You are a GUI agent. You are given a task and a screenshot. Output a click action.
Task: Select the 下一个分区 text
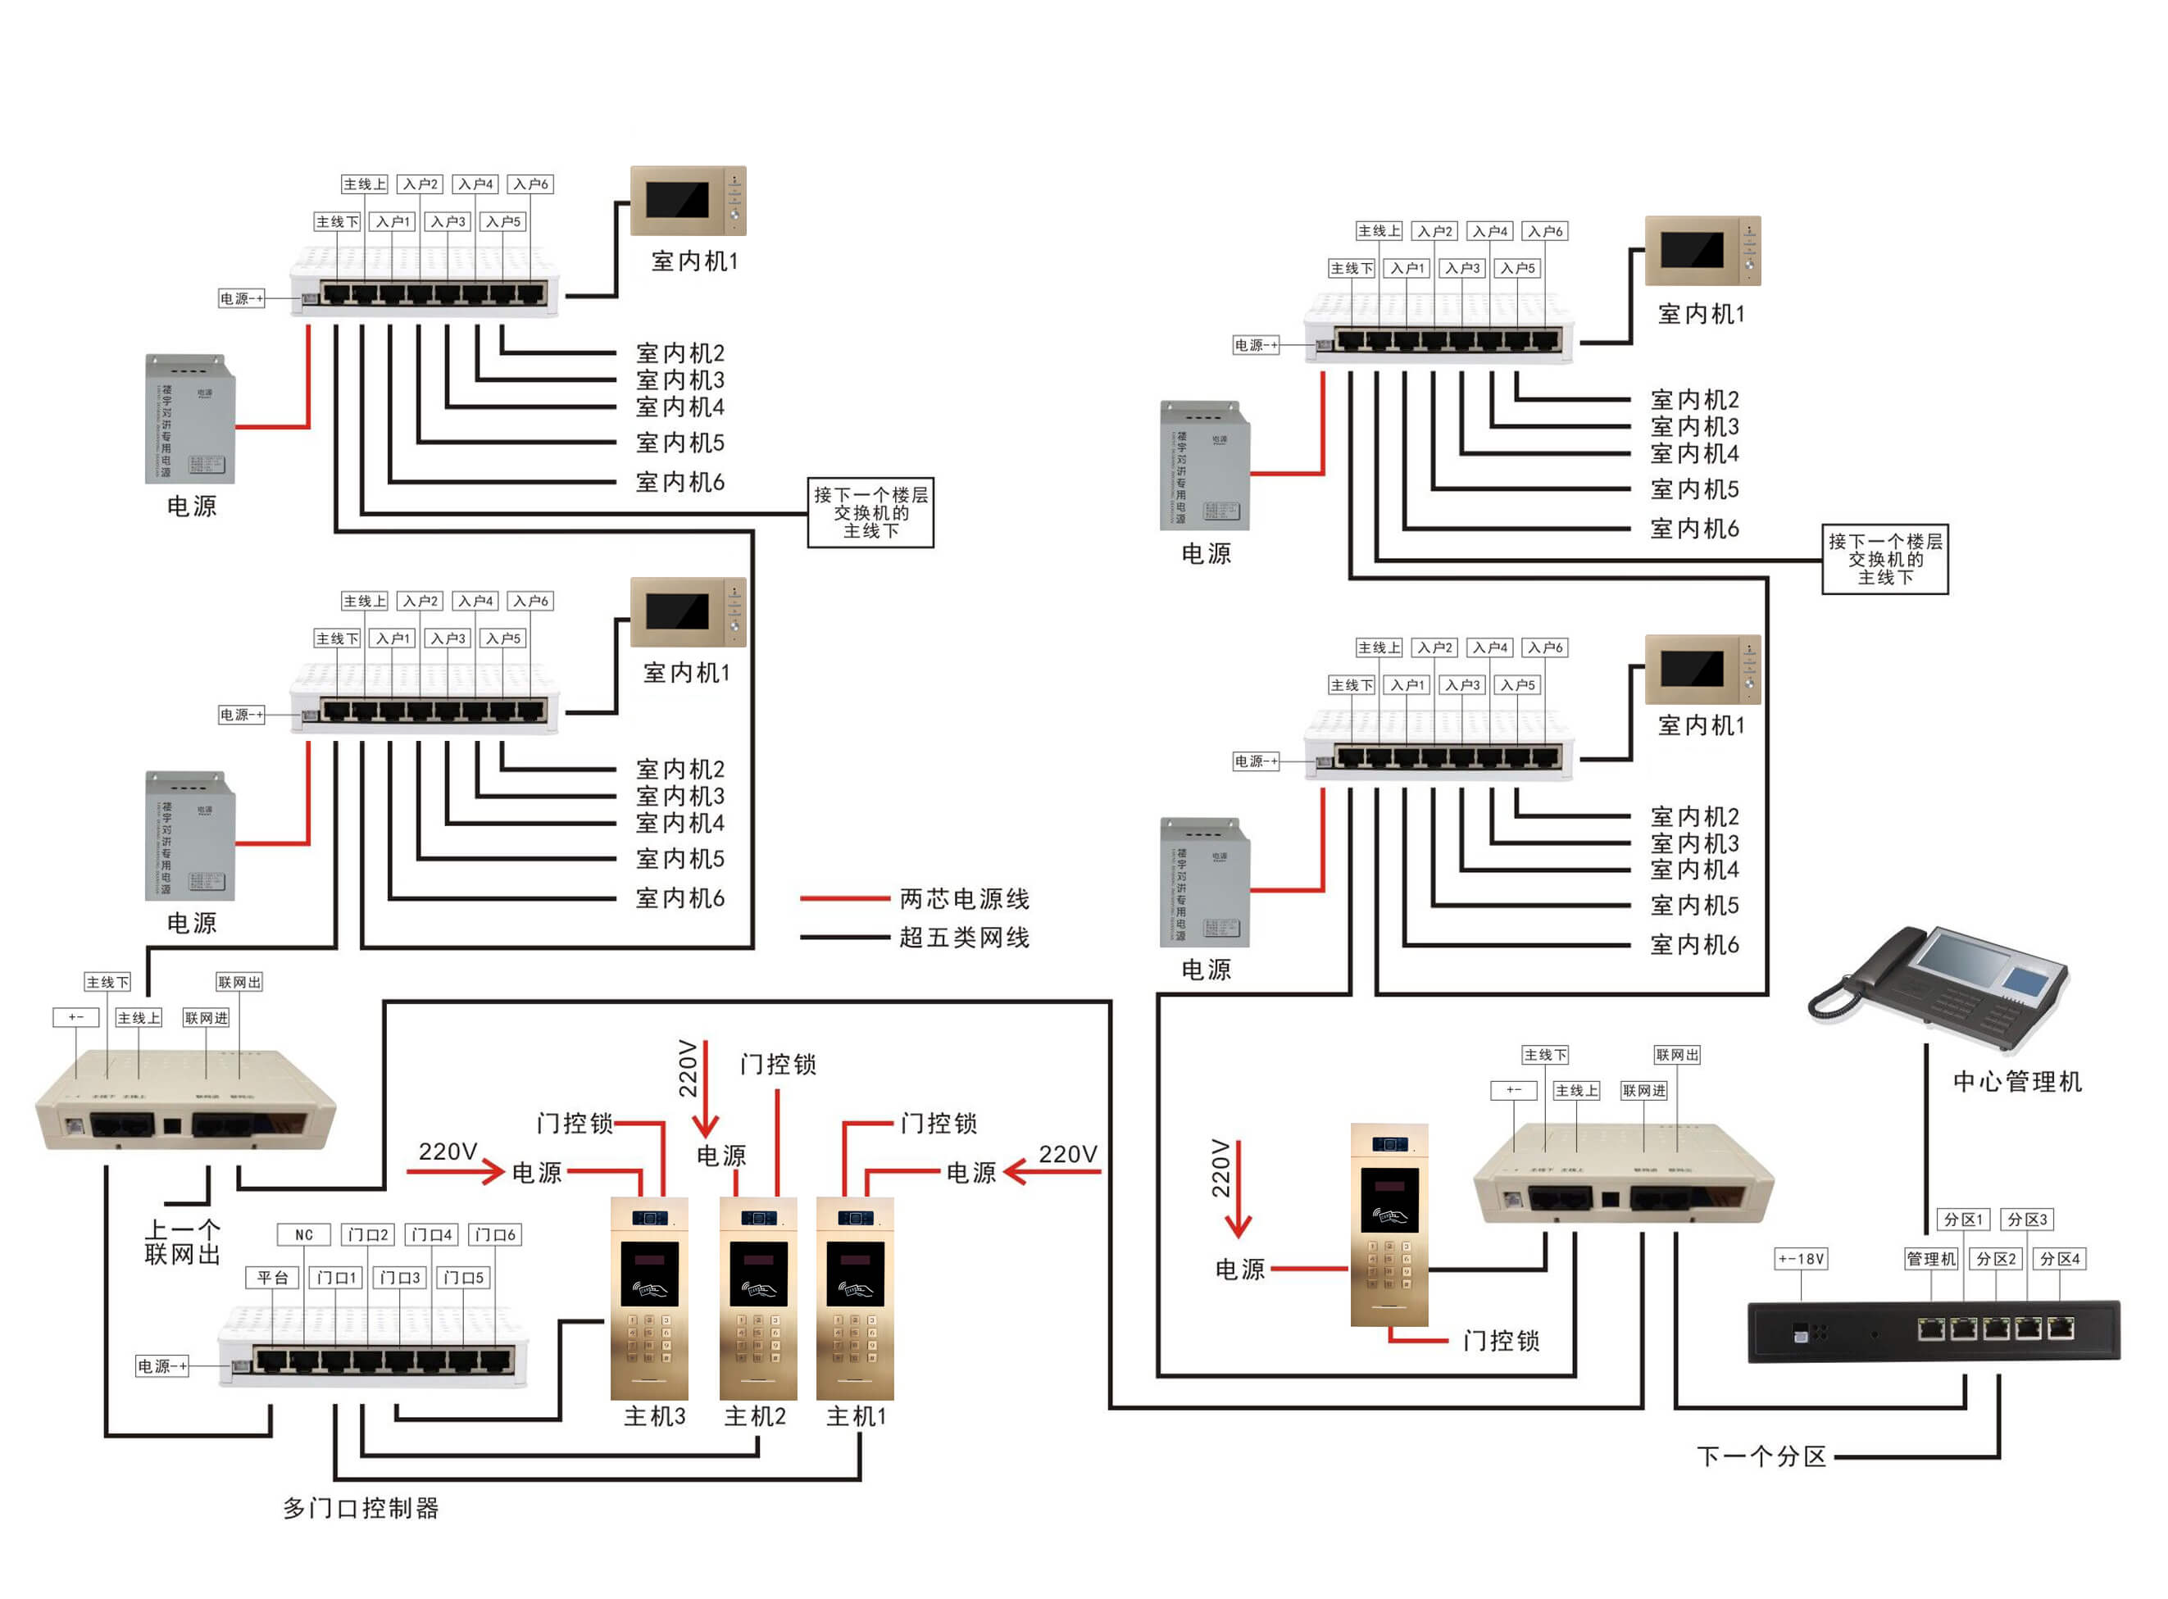(1761, 1456)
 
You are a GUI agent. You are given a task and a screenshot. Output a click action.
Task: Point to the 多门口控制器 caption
(361, 1508)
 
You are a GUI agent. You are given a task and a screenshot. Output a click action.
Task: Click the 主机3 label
(654, 1417)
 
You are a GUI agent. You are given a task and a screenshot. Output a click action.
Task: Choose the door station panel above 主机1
(855, 1297)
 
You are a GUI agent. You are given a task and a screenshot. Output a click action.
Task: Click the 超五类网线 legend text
(964, 938)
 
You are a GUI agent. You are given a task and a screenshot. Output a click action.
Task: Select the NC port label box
(304, 1235)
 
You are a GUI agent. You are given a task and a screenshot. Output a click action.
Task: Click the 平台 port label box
(272, 1278)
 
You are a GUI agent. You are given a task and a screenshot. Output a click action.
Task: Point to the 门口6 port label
(496, 1235)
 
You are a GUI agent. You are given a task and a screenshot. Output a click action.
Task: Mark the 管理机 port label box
(1931, 1259)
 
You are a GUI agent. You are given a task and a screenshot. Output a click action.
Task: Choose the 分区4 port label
(2060, 1259)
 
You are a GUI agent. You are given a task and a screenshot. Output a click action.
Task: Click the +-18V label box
(1800, 1259)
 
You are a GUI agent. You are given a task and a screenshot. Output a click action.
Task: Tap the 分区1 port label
(1963, 1220)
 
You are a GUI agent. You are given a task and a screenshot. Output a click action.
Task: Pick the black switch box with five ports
(1933, 1333)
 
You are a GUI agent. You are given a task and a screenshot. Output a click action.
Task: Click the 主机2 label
(755, 1417)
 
